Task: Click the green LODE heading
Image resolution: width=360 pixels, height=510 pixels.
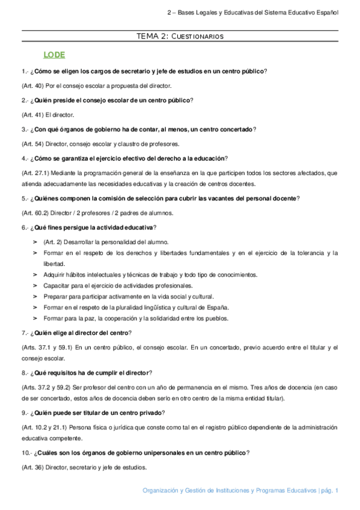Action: click(x=54, y=55)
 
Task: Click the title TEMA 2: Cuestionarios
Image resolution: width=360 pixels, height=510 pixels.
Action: click(x=180, y=37)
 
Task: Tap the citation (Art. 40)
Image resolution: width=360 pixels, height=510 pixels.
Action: click(x=32, y=85)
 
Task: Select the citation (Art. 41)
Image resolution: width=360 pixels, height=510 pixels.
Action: click(x=32, y=114)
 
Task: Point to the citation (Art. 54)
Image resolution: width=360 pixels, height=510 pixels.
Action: click(x=32, y=143)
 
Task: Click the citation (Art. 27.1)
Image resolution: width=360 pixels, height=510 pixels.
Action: click(x=35, y=173)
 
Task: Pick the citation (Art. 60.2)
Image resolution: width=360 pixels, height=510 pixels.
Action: click(x=35, y=212)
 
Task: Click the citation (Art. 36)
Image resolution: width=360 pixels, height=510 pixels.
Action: click(x=32, y=467)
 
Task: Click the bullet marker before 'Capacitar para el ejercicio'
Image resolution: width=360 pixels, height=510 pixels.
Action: click(x=35, y=285)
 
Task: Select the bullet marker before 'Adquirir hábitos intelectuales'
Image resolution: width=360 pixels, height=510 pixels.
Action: click(x=35, y=274)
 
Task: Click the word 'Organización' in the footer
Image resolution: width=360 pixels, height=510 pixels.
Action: click(x=161, y=491)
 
